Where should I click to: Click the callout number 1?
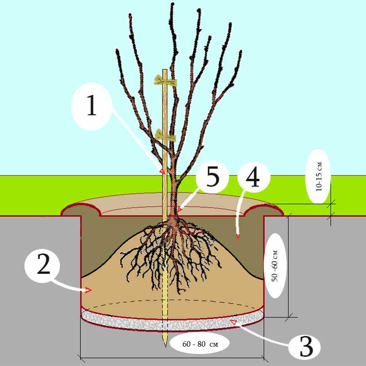pyautogui.click(x=92, y=105)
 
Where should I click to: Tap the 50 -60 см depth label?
pyautogui.click(x=275, y=266)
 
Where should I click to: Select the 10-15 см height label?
pyautogui.click(x=318, y=177)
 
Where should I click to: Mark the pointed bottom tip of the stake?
pyautogui.click(x=165, y=347)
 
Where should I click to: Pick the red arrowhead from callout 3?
pyautogui.click(x=233, y=322)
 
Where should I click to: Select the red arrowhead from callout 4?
pyautogui.click(x=238, y=236)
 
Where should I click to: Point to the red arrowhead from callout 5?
pyautogui.click(x=179, y=209)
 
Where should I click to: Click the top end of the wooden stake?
pyautogui.click(x=165, y=70)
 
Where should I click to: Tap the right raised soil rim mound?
pyautogui.click(x=264, y=210)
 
